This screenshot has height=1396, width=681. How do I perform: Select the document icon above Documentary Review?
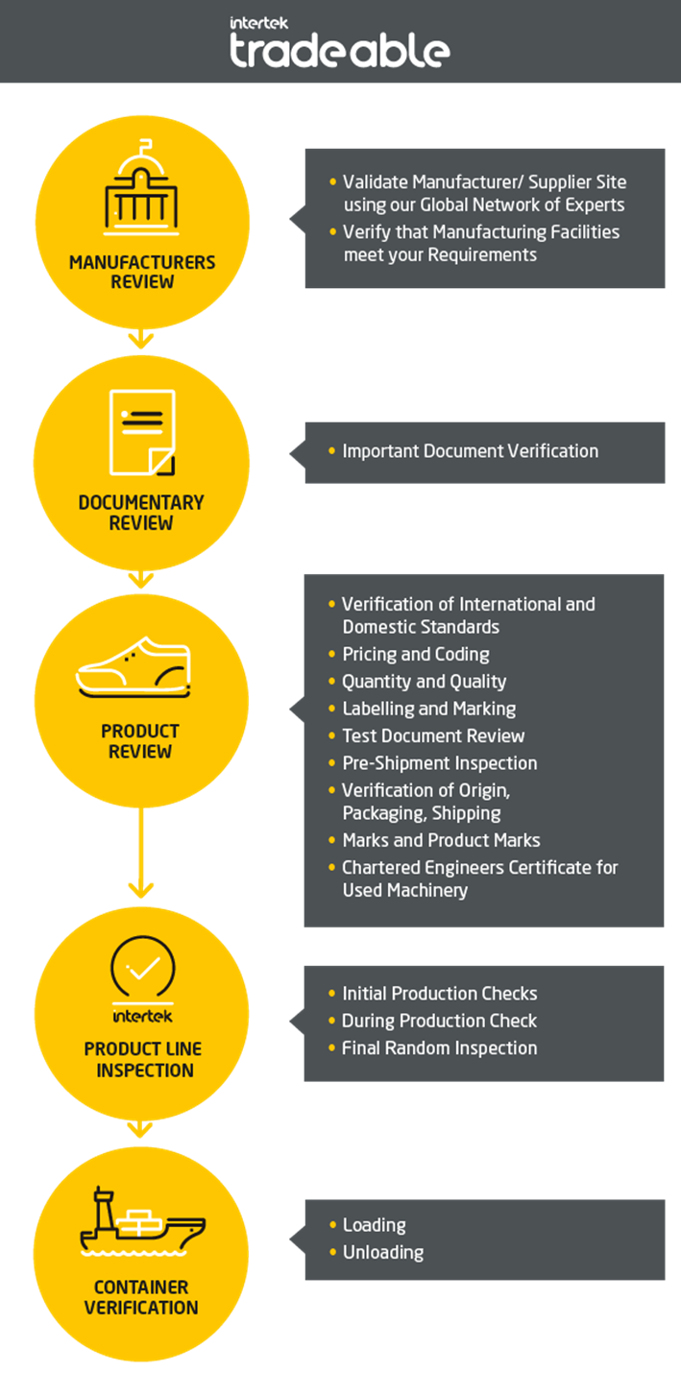coord(142,433)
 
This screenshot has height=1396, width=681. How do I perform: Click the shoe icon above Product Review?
coord(134,667)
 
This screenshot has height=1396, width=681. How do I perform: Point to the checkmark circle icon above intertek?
coord(143,971)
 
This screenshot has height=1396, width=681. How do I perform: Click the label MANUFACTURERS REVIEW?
coord(142,272)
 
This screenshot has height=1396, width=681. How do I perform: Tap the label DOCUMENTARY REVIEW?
coord(141,513)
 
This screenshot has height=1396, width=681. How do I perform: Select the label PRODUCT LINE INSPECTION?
coord(143,1059)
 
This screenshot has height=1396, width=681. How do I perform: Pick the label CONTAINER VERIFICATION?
coord(141,1297)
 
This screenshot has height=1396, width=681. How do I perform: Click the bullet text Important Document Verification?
coord(470,451)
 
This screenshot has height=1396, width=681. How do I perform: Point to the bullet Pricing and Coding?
coord(416,655)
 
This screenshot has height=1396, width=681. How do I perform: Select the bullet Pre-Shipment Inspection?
coord(439,763)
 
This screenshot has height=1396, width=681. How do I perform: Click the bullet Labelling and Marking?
coord(428,709)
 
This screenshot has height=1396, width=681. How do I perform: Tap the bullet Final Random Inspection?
coord(439,1048)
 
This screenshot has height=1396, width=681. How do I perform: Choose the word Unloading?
coord(382,1252)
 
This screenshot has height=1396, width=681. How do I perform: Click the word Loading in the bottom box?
coord(374,1225)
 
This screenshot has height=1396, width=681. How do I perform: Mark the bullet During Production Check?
coord(439,1021)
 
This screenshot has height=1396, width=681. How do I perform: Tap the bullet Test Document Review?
coord(433,736)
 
